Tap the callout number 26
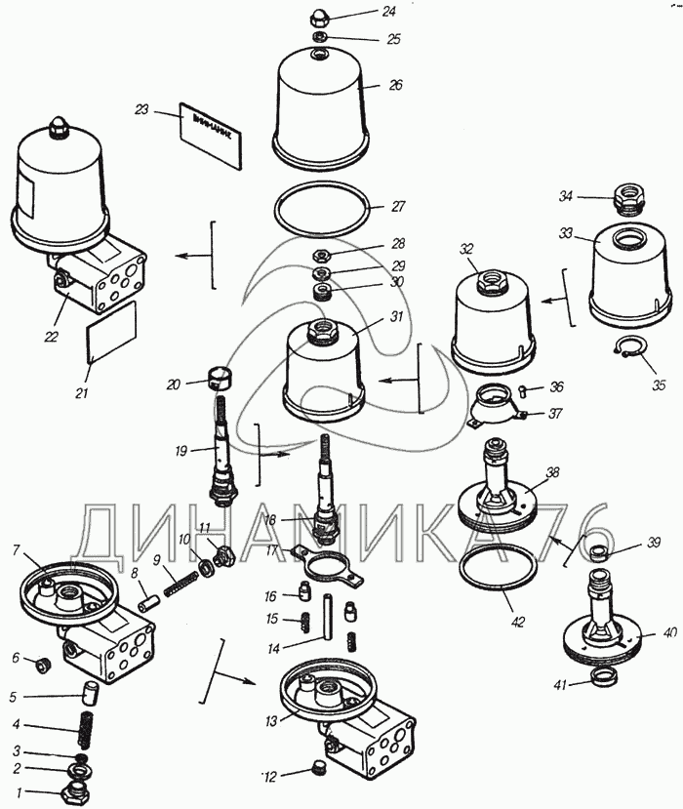click(x=395, y=85)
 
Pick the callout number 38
click(x=553, y=473)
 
